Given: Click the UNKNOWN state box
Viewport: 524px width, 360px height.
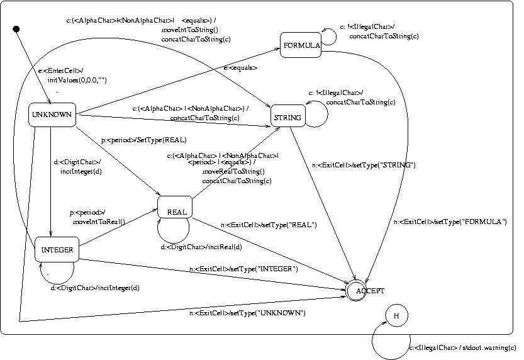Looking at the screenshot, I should (52, 115).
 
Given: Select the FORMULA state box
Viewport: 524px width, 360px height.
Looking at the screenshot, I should (301, 45).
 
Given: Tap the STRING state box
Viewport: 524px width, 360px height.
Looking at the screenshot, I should (288, 118).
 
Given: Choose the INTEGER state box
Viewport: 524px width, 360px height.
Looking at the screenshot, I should (57, 250).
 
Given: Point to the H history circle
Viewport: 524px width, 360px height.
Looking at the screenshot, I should (397, 317).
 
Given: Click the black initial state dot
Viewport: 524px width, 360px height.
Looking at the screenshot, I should (17, 29).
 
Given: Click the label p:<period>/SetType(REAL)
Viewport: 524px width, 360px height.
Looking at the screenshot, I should (144, 140).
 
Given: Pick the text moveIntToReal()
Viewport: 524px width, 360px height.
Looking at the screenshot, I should (99, 222).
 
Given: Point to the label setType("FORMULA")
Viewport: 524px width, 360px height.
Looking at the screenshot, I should (450, 222).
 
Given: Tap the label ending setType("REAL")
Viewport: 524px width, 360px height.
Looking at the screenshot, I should (269, 225).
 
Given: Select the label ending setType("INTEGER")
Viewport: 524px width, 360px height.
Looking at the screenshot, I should (243, 269).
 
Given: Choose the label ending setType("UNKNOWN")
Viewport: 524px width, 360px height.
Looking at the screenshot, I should (247, 313).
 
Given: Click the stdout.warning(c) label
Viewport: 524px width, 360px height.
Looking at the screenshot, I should (462, 347).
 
